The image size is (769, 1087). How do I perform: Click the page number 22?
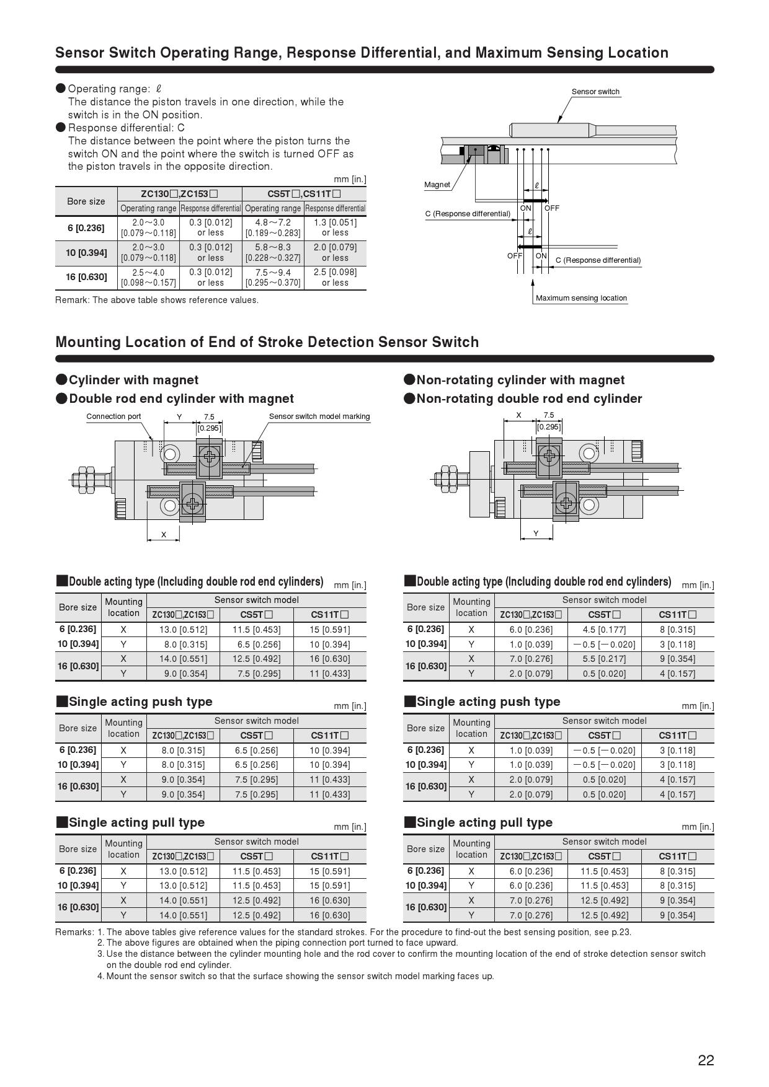click(706, 1060)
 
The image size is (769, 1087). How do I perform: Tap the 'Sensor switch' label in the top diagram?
click(595, 92)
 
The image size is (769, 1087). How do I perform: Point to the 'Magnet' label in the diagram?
click(437, 185)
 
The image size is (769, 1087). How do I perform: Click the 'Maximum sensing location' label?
click(581, 298)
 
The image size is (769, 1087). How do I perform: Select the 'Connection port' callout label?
click(113, 416)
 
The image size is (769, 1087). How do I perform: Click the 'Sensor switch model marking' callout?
click(319, 416)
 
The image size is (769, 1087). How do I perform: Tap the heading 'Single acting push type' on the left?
click(140, 702)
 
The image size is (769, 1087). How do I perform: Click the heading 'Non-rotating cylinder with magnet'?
click(520, 380)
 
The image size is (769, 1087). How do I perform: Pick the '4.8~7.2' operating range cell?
click(273, 227)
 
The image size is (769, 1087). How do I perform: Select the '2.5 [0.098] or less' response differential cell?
click(335, 277)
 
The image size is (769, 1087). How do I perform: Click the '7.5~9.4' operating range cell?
click(273, 277)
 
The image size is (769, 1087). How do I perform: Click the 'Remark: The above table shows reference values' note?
click(157, 300)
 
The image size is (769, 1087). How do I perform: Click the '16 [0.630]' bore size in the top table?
click(86, 277)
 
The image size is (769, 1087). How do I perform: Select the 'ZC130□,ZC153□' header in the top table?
click(179, 193)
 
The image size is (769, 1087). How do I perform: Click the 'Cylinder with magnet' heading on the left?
click(133, 380)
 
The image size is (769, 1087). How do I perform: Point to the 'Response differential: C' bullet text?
click(126, 128)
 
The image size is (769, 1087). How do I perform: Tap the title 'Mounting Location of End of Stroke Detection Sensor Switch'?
click(267, 342)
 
